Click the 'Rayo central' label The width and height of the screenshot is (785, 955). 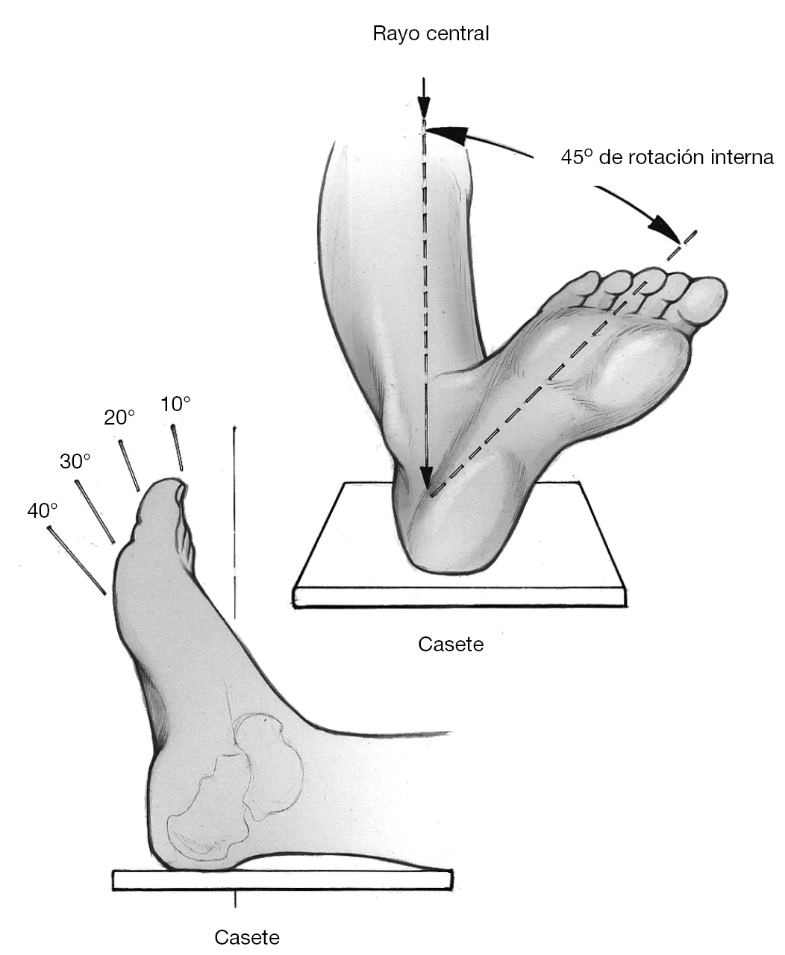[431, 34]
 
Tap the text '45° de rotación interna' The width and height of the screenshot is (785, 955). [667, 157]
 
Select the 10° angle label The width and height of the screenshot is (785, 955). [175, 404]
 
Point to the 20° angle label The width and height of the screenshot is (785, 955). [119, 418]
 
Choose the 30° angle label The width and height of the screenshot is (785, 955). [75, 461]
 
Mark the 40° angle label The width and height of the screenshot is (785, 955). [43, 511]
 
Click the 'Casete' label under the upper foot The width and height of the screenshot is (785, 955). [451, 644]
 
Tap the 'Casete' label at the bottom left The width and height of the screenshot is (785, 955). [247, 937]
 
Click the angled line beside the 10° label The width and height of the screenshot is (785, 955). [178, 447]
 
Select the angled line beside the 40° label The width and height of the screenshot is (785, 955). [77, 560]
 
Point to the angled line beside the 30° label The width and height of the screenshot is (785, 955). [95, 512]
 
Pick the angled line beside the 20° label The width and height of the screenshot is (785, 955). [129, 466]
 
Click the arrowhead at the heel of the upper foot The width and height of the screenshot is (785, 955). [425, 478]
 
